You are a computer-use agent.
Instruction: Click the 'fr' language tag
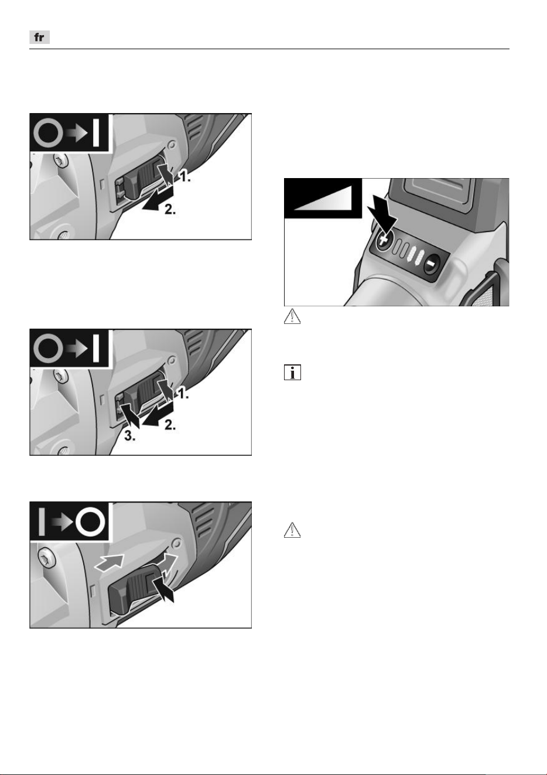pyautogui.click(x=39, y=37)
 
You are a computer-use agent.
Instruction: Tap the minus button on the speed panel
pyautogui.click(x=431, y=264)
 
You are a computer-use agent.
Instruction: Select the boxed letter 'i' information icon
pyautogui.click(x=292, y=373)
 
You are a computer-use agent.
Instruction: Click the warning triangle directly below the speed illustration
pyautogui.click(x=292, y=316)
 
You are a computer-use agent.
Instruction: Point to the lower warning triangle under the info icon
pyautogui.click(x=292, y=530)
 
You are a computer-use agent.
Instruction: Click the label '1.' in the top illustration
pyautogui.click(x=184, y=177)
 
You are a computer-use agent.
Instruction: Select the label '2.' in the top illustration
pyautogui.click(x=170, y=209)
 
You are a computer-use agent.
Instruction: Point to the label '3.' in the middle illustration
pyautogui.click(x=130, y=436)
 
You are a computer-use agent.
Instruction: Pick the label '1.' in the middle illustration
pyautogui.click(x=183, y=394)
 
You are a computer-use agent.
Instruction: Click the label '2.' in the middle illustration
pyautogui.click(x=170, y=425)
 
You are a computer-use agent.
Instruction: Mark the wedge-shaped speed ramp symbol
pyautogui.click(x=323, y=198)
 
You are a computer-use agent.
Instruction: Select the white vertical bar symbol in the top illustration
pyautogui.click(x=96, y=133)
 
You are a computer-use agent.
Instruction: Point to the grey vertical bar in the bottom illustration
pyautogui.click(x=42, y=522)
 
